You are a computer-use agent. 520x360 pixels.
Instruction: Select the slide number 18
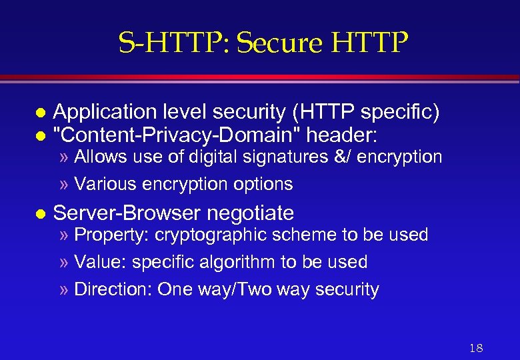[x=476, y=348]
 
